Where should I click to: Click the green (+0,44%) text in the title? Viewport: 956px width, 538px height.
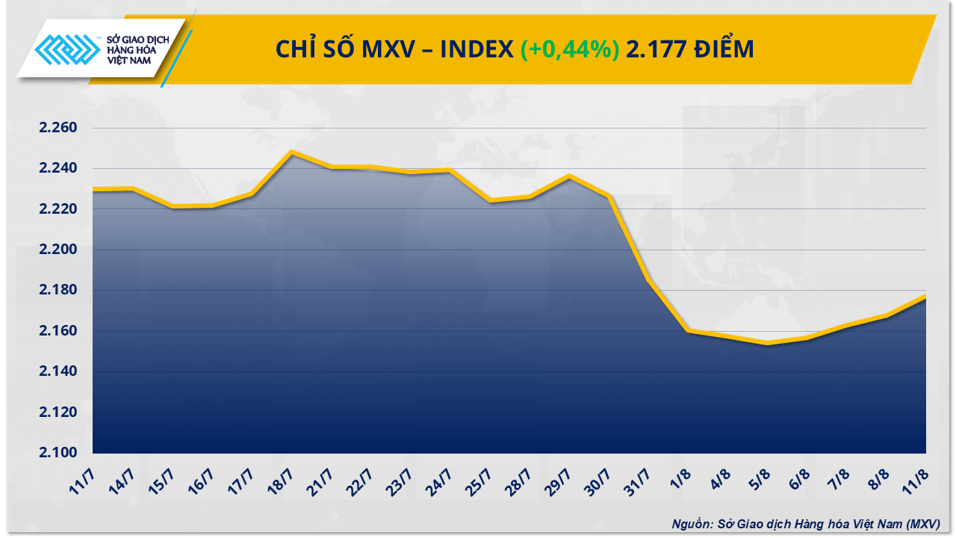(x=569, y=49)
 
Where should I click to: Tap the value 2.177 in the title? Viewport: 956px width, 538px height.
(x=655, y=49)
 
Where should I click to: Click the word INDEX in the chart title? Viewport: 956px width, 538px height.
(x=476, y=49)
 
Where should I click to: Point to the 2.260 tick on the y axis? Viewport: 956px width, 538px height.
(x=58, y=128)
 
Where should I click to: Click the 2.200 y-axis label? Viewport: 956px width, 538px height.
(x=58, y=250)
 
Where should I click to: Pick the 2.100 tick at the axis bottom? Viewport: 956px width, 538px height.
(x=58, y=453)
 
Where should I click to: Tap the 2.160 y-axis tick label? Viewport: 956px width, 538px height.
(x=58, y=331)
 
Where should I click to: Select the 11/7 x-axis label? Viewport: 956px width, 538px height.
(x=87, y=479)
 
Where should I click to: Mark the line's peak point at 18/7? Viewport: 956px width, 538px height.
(x=291, y=152)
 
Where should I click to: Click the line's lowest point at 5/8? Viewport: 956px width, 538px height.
(x=767, y=344)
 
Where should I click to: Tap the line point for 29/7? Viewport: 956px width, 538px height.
(x=569, y=176)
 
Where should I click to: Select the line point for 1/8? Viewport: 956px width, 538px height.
(x=688, y=330)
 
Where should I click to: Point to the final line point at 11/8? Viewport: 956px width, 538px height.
(x=925, y=296)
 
